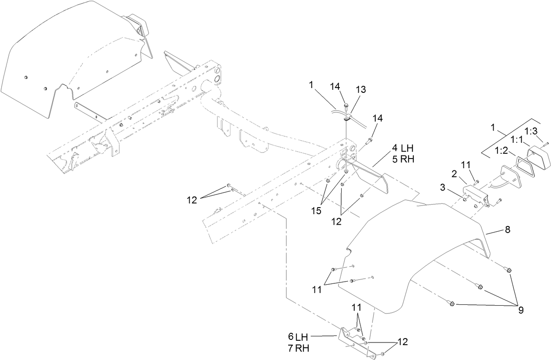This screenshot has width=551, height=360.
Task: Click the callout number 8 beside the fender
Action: [x=508, y=229]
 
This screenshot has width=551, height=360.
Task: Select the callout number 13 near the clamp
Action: [x=361, y=89]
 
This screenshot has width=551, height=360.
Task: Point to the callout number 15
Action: [x=316, y=211]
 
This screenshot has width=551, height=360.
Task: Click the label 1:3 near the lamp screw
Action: [x=531, y=131]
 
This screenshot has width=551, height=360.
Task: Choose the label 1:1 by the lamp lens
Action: [x=517, y=140]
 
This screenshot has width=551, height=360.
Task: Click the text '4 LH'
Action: [x=403, y=148]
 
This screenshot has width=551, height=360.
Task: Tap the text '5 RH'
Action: [x=403, y=159]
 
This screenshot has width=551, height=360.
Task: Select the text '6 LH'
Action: [x=298, y=337]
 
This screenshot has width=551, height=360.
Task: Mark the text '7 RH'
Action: [x=298, y=348]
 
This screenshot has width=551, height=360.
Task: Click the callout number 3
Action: [x=442, y=187]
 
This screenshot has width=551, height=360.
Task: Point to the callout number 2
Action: [x=454, y=174]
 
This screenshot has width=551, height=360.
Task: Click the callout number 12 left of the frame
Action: [x=191, y=200]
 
